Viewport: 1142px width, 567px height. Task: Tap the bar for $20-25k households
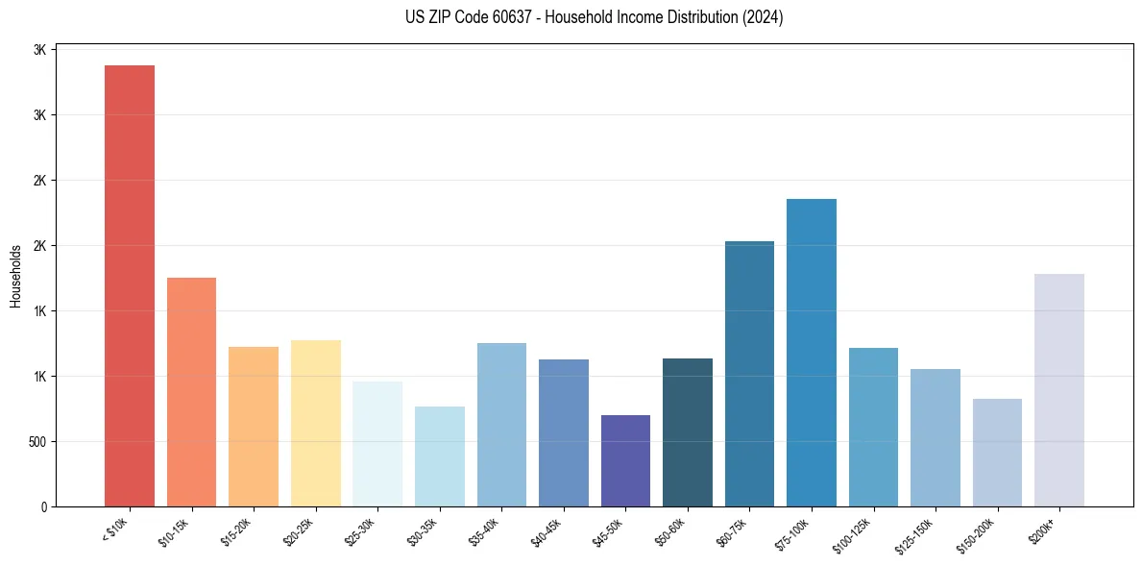(x=316, y=423)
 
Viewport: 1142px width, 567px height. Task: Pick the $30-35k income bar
(x=440, y=456)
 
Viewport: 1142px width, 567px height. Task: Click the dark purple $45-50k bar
(x=625, y=460)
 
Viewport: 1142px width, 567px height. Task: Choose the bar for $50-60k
(x=688, y=432)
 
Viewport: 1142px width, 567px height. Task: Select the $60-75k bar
(x=749, y=374)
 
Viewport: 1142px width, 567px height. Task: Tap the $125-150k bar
(x=935, y=437)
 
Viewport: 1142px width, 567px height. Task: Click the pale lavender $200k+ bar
(x=1059, y=390)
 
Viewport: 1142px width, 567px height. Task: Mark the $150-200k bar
(x=997, y=452)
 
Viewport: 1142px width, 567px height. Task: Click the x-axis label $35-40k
(x=487, y=531)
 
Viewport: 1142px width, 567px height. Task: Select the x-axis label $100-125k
(x=857, y=533)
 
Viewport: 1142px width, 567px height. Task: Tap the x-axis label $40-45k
(x=548, y=531)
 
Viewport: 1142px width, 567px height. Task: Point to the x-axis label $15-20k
(x=239, y=531)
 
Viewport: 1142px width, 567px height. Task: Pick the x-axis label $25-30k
(x=363, y=531)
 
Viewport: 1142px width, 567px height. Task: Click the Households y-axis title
(x=15, y=276)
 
